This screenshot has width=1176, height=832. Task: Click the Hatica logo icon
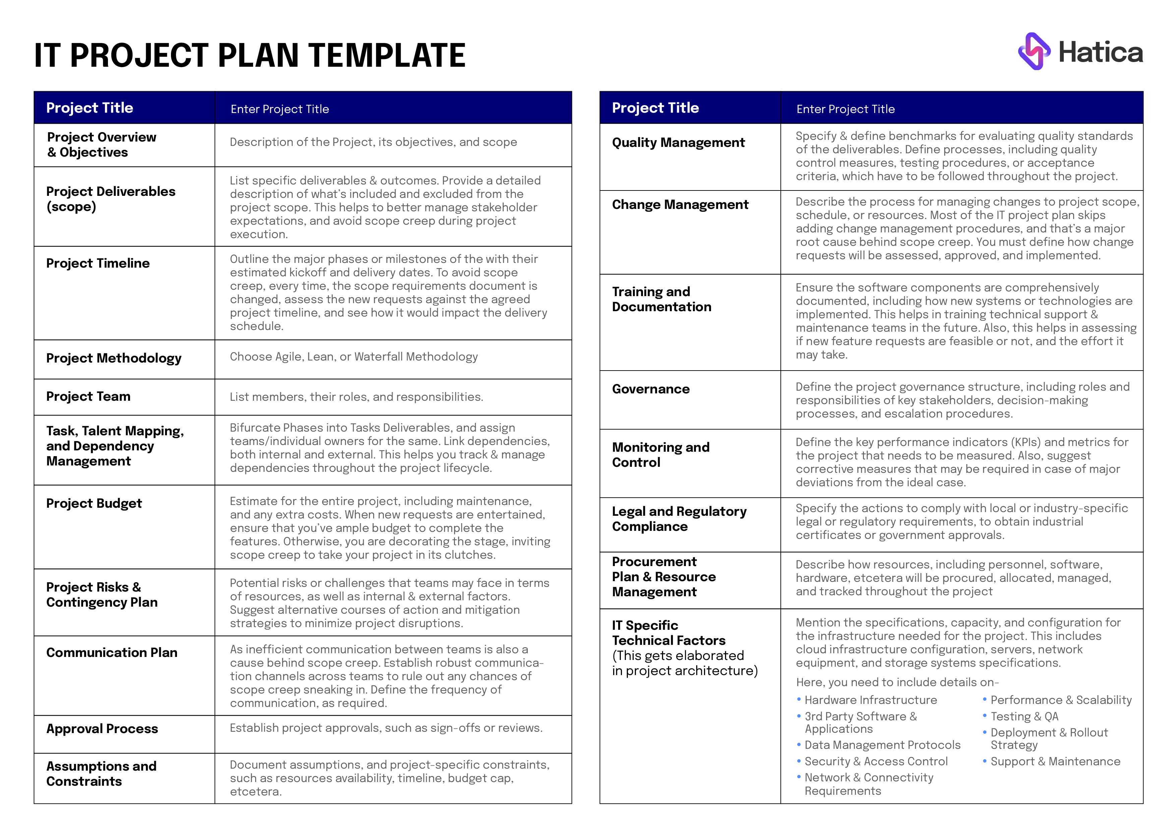(1034, 51)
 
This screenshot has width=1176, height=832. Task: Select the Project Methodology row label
(114, 358)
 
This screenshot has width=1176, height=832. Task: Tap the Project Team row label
(88, 396)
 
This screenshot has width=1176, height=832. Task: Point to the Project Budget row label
(94, 504)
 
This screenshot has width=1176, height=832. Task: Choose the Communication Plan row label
(112, 653)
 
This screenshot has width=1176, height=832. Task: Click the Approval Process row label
(102, 729)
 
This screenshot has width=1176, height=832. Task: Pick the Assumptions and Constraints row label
(101, 774)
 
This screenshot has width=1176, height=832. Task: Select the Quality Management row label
(678, 143)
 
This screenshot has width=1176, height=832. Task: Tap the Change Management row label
(680, 205)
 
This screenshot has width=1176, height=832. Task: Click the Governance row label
(650, 389)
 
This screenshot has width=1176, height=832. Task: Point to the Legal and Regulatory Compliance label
(679, 519)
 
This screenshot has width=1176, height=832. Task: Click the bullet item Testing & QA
(1024, 717)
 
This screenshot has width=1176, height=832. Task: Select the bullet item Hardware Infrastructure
(870, 700)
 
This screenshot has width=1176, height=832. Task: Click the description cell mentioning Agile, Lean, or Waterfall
(353, 357)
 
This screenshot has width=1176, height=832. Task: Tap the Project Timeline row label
(98, 263)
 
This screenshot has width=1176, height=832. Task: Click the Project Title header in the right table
(655, 108)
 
